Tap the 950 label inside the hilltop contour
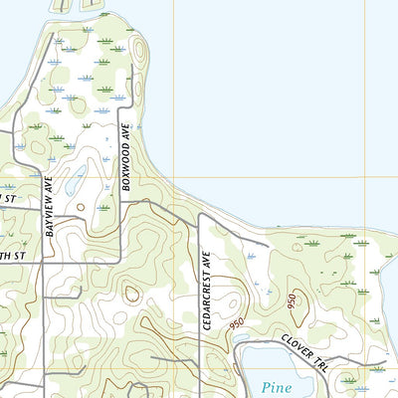point(292,302)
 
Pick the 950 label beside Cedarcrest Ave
point(237,324)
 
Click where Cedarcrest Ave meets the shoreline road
point(199,215)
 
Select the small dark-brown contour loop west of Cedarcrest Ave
point(131,293)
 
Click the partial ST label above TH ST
point(8,199)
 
